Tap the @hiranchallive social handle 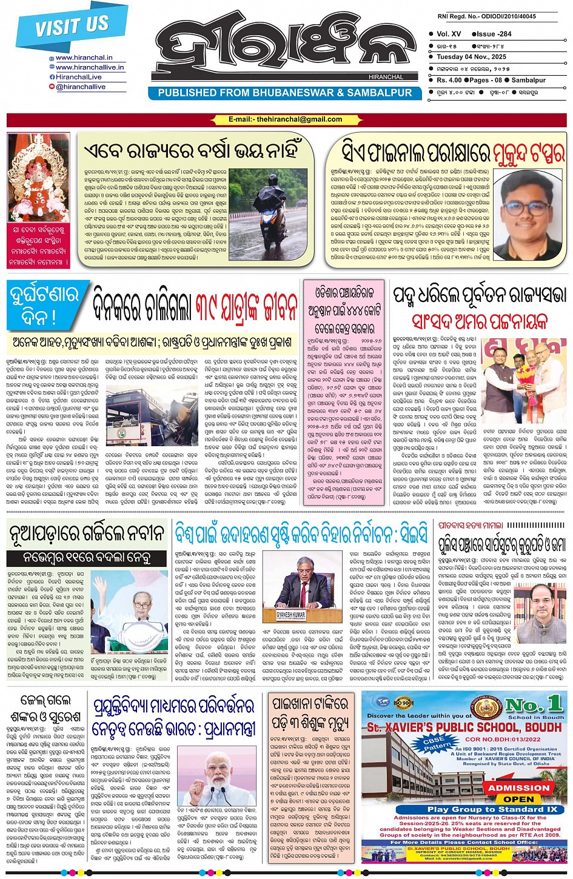pos(80,87)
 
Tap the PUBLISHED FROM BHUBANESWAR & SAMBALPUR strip pos(284,93)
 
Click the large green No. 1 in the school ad pos(533,705)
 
